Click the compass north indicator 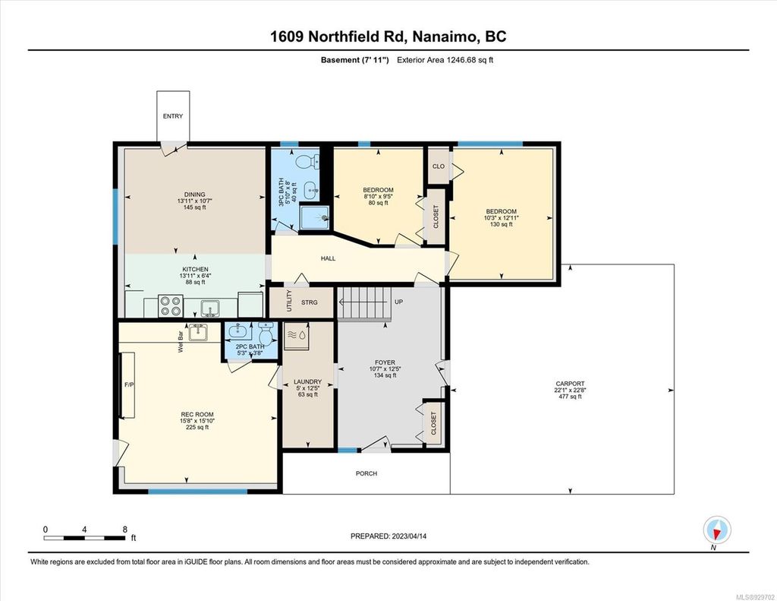pyautogui.click(x=716, y=530)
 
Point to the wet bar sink pyautogui.click(x=198, y=332)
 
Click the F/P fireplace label pyautogui.click(x=129, y=384)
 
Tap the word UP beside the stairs pyautogui.click(x=398, y=302)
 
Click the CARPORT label pyautogui.click(x=569, y=384)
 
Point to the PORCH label pyautogui.click(x=366, y=473)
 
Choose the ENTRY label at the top pyautogui.click(x=172, y=116)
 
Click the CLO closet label pyautogui.click(x=438, y=166)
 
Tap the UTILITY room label pyautogui.click(x=288, y=302)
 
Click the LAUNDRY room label pyautogui.click(x=307, y=381)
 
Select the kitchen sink pyautogui.click(x=210, y=306)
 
